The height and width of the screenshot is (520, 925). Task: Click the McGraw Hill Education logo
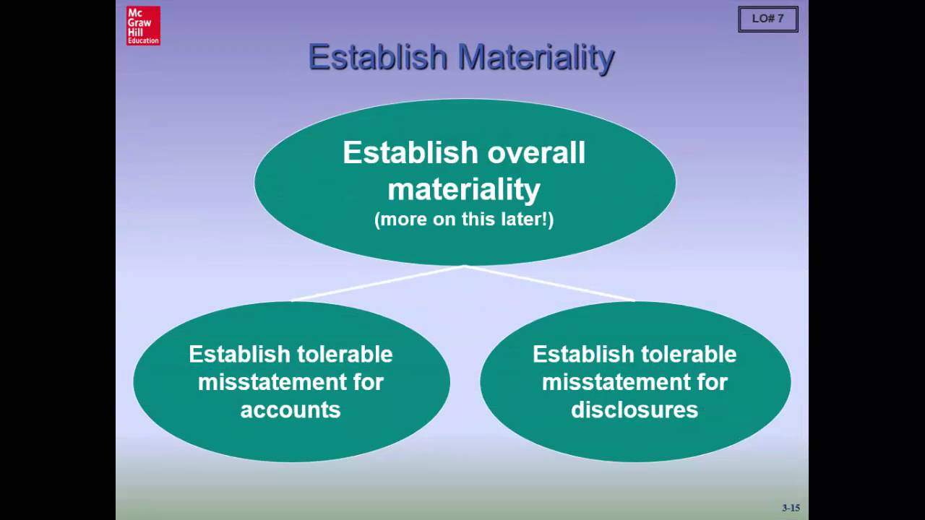[x=143, y=26]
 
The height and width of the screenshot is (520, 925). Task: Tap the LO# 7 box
[x=767, y=19]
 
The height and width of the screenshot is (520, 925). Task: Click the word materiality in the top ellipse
[x=464, y=189]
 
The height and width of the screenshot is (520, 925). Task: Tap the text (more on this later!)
[x=464, y=220]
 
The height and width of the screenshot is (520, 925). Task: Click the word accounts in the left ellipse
[x=291, y=410]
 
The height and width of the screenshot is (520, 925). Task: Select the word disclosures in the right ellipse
[x=634, y=410]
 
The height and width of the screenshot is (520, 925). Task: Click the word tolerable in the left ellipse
[x=348, y=355]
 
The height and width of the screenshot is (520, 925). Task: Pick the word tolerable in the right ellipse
[x=692, y=355]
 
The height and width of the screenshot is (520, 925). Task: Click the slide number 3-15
[x=791, y=508]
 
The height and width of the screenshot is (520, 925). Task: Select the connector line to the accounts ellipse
[x=376, y=284]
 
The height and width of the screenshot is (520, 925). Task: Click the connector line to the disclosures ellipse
[x=549, y=284]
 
